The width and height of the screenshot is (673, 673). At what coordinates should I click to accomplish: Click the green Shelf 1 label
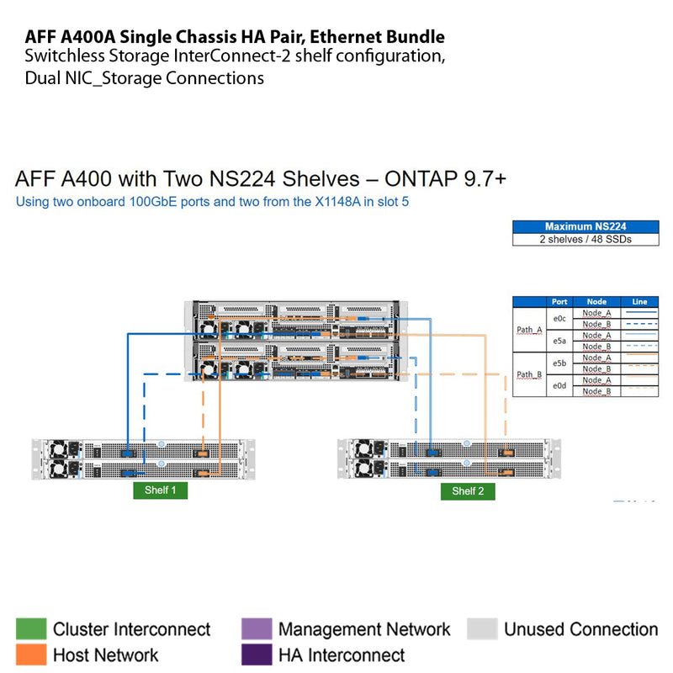(x=161, y=491)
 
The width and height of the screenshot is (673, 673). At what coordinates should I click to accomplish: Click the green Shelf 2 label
(x=468, y=491)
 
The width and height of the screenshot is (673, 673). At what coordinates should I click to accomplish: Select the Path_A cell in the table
(x=529, y=330)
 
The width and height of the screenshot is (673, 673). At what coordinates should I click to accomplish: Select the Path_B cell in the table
(x=529, y=374)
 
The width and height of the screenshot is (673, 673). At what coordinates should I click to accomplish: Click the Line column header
(x=639, y=301)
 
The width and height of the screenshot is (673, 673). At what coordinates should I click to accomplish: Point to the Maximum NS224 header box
(x=586, y=226)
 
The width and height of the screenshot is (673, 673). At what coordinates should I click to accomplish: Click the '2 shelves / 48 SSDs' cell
(x=586, y=239)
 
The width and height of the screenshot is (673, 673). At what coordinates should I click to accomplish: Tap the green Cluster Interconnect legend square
(x=30, y=629)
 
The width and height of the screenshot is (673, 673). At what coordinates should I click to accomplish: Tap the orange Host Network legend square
(x=30, y=654)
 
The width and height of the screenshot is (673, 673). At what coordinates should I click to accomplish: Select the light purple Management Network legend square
(x=256, y=629)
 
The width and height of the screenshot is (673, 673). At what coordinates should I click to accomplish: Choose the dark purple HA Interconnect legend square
(x=256, y=654)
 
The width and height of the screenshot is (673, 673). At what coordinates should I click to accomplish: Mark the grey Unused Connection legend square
(x=481, y=629)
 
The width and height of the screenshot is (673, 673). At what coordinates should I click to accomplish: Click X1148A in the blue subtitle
(x=322, y=202)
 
